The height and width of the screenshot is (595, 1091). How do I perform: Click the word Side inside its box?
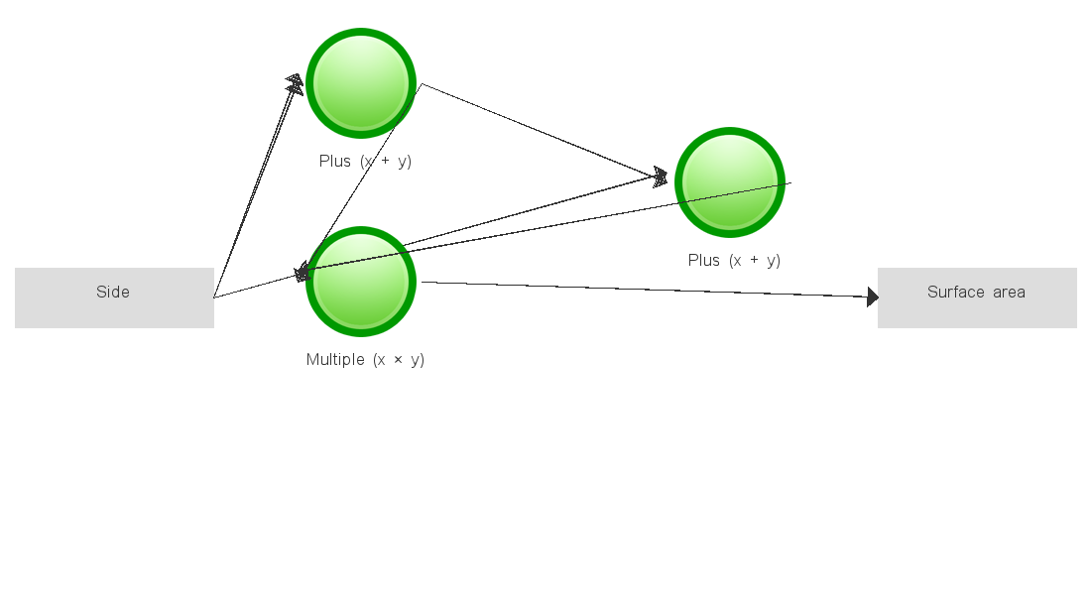[113, 292]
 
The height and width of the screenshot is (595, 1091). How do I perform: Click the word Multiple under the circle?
[335, 359]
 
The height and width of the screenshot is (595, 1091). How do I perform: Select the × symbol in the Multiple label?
[398, 359]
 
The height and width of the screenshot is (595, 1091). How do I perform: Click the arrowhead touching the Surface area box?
[872, 297]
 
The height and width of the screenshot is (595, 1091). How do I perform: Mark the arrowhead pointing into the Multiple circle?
[303, 273]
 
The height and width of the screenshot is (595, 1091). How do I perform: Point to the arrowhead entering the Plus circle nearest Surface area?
[661, 177]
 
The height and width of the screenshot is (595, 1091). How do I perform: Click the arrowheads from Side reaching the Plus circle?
[295, 83]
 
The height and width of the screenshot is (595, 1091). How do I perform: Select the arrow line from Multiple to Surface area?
[645, 290]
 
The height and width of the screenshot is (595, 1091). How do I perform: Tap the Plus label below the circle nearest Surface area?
[734, 260]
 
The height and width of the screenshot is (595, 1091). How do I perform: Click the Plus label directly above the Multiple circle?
[365, 161]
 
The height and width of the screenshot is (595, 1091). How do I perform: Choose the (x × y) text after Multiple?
[399, 359]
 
